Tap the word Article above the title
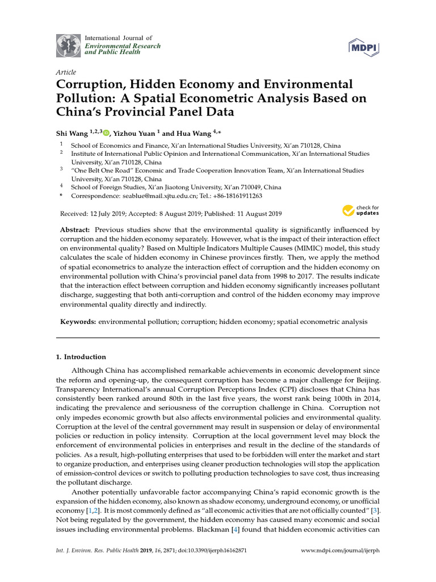66,72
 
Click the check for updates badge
360,211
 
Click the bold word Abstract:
76,229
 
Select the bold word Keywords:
78,322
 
